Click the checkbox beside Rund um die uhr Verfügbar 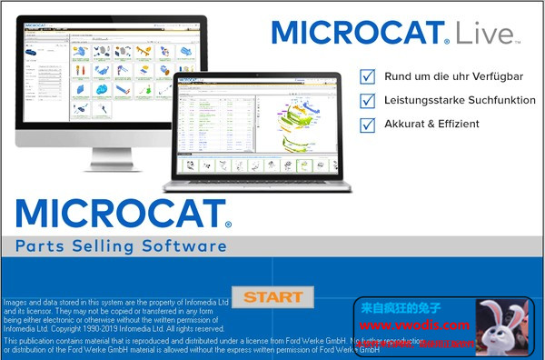[x=368, y=76]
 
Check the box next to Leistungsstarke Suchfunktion [x=368, y=100]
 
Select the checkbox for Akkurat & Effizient [x=368, y=124]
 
